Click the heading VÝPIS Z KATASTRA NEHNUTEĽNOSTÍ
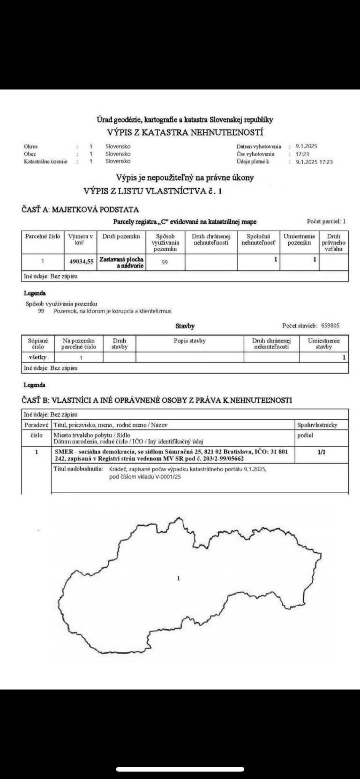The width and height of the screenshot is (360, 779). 185,133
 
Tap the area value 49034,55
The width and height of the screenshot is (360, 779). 81,262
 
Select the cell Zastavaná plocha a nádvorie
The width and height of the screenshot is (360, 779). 121,262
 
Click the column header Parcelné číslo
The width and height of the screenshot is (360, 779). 43,237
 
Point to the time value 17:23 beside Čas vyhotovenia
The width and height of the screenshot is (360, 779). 302,154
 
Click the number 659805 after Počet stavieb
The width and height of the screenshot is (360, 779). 330,326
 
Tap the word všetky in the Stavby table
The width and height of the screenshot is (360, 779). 37,357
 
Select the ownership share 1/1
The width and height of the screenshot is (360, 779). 322,452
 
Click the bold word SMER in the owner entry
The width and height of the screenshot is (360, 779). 64,452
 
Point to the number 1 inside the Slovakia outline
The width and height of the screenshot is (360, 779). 178,579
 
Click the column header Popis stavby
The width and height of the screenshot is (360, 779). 190,341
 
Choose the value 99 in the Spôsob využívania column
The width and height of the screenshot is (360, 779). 164,262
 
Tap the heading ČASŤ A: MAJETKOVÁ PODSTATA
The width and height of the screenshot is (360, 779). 80,210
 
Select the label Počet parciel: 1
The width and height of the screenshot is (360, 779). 326,221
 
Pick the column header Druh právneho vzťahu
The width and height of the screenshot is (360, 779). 333,243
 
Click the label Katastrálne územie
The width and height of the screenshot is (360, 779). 45,162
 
